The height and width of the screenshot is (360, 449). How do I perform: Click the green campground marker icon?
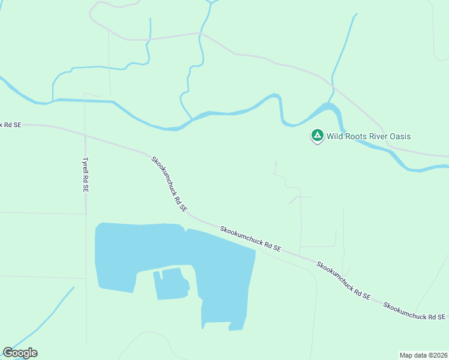click(x=317, y=136)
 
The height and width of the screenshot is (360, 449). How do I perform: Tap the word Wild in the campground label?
click(x=335, y=136)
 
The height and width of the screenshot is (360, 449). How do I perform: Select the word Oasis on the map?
click(x=400, y=136)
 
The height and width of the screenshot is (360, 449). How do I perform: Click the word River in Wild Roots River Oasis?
click(x=379, y=136)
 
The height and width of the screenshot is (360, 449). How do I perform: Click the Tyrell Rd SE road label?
click(x=86, y=175)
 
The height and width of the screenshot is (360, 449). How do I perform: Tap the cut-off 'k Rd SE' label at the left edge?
click(x=10, y=125)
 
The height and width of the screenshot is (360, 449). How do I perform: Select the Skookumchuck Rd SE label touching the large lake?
click(x=250, y=239)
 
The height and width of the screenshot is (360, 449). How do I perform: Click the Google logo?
click(x=20, y=353)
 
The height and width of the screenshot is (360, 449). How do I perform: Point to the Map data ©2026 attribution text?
click(x=423, y=355)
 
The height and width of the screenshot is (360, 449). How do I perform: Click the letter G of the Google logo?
click(x=7, y=353)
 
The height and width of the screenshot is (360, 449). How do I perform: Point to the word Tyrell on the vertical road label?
click(x=86, y=167)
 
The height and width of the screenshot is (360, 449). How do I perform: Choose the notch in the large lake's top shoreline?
click(x=185, y=228)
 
